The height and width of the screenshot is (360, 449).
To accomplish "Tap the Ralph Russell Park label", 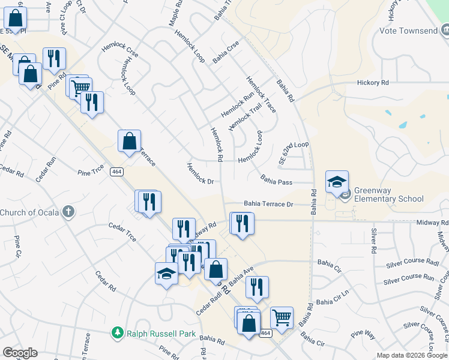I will click(152, 332).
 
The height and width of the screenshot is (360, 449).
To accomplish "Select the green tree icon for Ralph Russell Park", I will click(118, 332).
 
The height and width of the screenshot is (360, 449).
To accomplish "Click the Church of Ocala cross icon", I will click(69, 212).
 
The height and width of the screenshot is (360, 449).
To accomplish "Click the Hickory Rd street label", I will click(373, 83).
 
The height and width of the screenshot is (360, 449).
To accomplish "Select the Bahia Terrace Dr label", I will click(268, 205).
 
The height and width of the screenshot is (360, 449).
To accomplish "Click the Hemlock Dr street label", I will click(200, 173).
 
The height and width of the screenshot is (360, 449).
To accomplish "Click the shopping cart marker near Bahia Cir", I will click(282, 316).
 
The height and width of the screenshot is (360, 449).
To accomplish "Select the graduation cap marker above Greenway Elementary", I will click(337, 181).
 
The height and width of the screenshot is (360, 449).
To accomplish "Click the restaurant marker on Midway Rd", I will click(242, 224).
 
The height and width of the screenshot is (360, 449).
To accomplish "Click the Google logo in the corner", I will click(20, 353).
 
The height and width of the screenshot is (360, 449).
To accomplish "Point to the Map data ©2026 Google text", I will click(412, 355).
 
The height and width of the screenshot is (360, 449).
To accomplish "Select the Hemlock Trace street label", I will click(261, 95).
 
